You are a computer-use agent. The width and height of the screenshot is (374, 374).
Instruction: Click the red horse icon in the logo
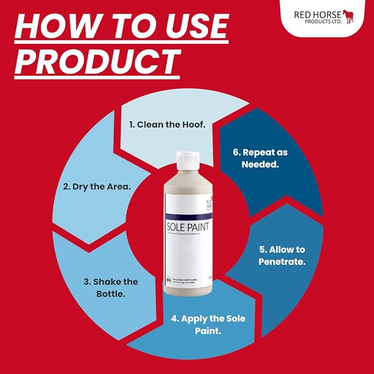click(348, 16)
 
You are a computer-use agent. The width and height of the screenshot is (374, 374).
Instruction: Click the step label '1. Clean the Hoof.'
click(167, 124)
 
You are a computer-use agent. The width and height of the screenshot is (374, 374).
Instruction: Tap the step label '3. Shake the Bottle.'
click(111, 288)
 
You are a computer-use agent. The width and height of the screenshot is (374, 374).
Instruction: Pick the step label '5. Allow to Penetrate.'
click(282, 256)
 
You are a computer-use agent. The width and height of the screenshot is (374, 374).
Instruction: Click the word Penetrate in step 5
click(282, 262)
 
